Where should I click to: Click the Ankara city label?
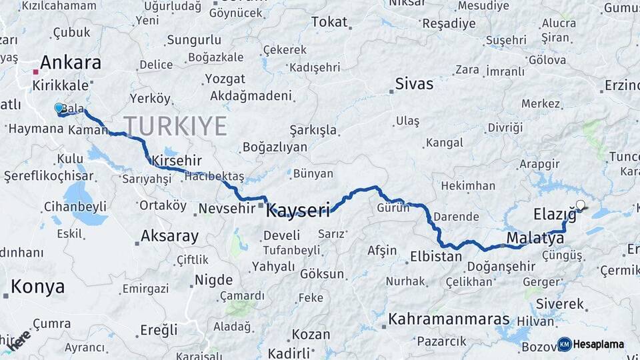(x=70, y=63)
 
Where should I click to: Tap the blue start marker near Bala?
(x=59, y=108)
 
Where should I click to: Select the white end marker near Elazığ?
(x=580, y=205)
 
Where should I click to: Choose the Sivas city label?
(x=414, y=84)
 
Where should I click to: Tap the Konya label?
(x=38, y=287)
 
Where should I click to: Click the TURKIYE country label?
(x=175, y=125)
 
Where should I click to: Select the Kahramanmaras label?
(x=449, y=319)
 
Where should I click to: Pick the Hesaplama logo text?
(x=599, y=344)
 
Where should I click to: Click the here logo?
(x=19, y=339)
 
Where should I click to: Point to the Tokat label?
(x=329, y=22)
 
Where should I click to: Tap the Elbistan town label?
(x=437, y=256)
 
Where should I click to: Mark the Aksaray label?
(x=169, y=236)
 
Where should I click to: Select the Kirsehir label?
(x=176, y=161)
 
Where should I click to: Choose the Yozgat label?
(x=225, y=79)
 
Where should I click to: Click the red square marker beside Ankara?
(x=35, y=71)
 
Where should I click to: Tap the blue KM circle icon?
(x=565, y=344)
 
